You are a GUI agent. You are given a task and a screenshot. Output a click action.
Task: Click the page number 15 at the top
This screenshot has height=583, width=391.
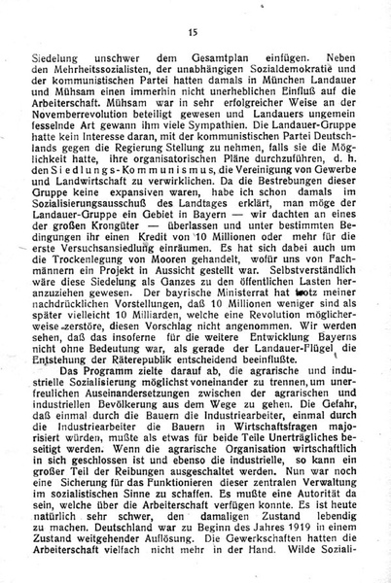click(x=193, y=32)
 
